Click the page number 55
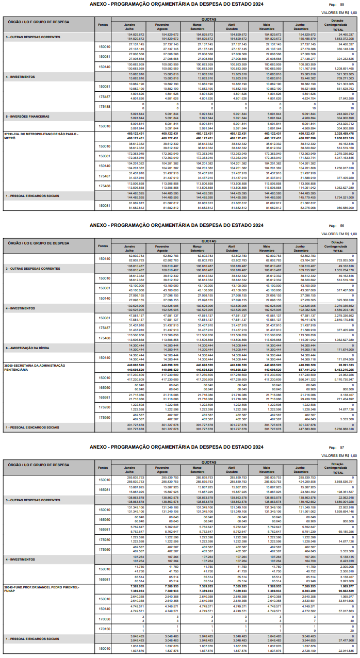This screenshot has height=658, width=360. tap(342, 4)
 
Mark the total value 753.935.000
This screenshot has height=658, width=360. tap(343, 260)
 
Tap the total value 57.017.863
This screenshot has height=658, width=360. tap(345, 611)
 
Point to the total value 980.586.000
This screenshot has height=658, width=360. tap(343, 208)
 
